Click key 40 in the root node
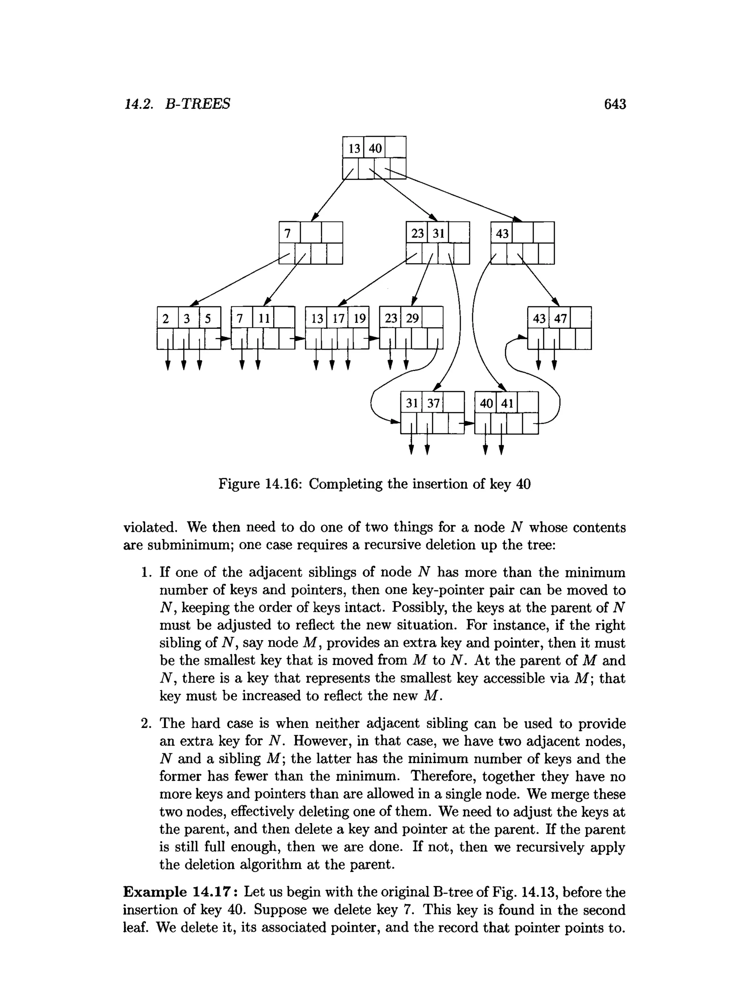click(x=375, y=148)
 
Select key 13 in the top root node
click(x=354, y=148)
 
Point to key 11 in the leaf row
click(x=264, y=319)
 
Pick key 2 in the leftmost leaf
click(x=166, y=319)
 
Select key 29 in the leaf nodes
click(x=412, y=319)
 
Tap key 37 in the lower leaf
click(x=433, y=404)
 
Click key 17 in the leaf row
click(x=338, y=319)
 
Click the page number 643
click(x=615, y=104)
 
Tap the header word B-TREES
click(x=198, y=104)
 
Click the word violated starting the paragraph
click(x=150, y=528)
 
